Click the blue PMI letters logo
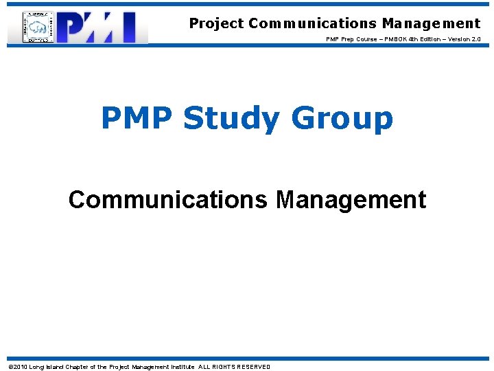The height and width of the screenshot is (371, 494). point(102,27)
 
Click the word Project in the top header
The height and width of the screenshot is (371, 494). point(216,23)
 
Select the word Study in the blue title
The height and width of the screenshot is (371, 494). point(231,119)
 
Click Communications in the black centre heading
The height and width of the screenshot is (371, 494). point(169,200)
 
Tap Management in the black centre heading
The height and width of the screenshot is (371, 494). point(351,200)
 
